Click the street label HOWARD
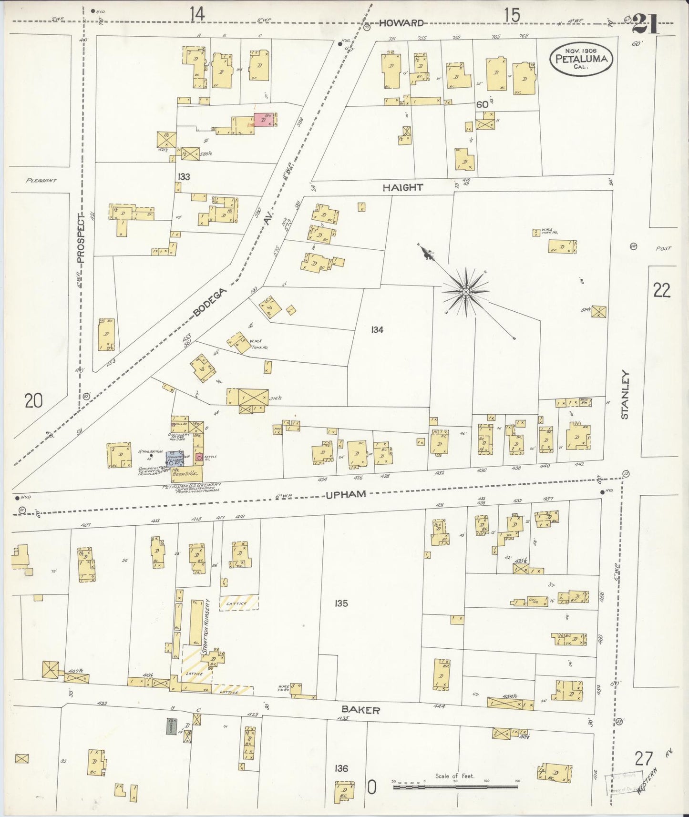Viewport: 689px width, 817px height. [402, 23]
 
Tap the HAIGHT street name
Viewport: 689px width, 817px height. [402, 188]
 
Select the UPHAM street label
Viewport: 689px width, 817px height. [346, 494]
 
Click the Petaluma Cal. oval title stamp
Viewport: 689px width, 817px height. [580, 59]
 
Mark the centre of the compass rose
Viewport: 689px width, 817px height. [465, 291]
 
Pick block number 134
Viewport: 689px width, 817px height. [376, 329]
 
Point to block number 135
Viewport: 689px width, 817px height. [341, 603]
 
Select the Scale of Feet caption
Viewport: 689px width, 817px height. [454, 776]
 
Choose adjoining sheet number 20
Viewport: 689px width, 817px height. [33, 401]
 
